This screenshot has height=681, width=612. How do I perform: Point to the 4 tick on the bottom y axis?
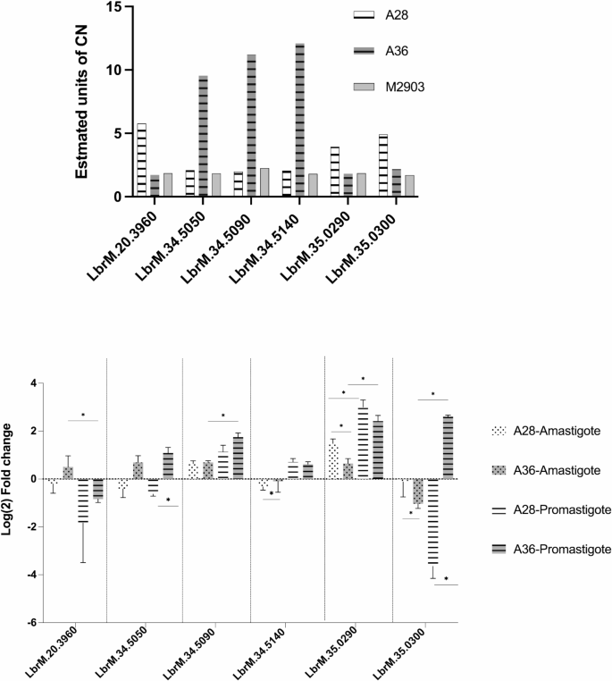[x=29, y=383]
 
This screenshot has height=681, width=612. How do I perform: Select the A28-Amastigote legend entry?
[x=542, y=431]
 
